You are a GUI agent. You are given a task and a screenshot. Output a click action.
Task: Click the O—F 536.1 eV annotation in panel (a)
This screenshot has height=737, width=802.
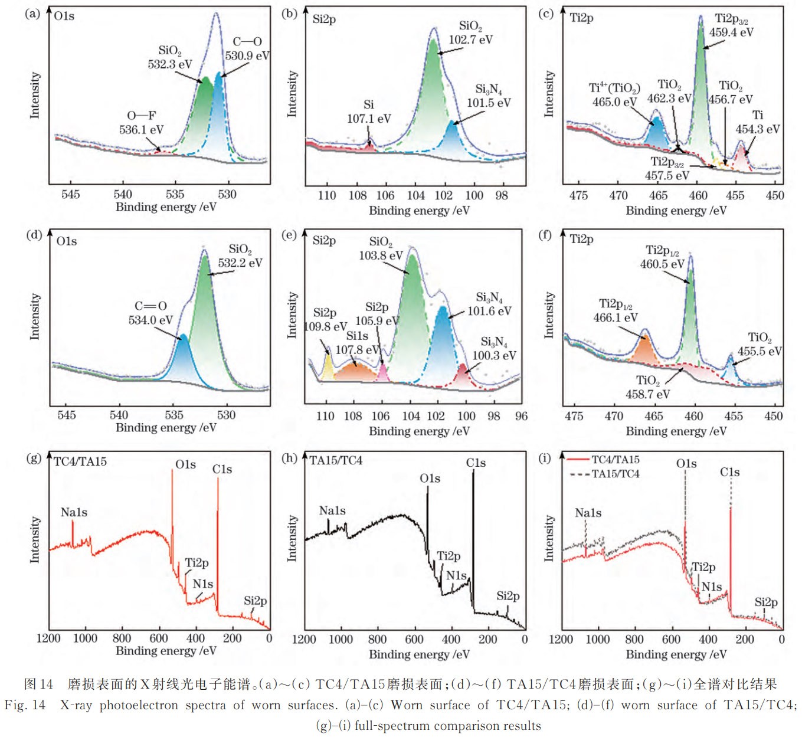141,123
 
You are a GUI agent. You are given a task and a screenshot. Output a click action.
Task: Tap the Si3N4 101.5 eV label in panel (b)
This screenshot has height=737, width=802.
489,96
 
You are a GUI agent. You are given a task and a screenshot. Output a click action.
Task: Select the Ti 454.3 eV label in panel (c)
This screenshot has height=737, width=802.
758,122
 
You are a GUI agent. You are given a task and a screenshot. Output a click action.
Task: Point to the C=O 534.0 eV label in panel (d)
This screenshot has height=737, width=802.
150,313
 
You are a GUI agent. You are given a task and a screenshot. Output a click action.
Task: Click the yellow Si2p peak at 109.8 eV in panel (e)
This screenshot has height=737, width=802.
328,366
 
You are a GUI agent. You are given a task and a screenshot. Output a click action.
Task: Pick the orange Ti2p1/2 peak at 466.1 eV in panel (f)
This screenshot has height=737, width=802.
644,349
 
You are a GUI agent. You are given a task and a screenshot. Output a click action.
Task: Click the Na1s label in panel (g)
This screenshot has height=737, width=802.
74,512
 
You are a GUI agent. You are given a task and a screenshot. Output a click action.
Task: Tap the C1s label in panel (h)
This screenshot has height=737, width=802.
476,463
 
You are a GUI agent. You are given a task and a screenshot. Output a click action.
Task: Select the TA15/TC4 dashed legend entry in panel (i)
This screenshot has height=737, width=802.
604,474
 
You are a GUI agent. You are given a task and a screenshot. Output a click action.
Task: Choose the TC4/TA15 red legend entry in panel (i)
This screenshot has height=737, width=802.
603,460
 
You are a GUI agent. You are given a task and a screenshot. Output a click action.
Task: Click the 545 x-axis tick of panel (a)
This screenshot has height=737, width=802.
70,195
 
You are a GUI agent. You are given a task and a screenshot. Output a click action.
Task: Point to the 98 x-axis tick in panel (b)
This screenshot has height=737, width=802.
502,195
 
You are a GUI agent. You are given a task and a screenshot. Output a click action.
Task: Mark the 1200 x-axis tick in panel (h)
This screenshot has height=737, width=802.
305,639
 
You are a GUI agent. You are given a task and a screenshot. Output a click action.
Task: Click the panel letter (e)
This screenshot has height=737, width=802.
289,235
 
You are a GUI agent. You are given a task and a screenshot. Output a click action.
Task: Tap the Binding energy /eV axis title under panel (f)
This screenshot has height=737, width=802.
676,431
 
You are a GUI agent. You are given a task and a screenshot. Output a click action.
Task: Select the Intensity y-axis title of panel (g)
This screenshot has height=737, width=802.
35,539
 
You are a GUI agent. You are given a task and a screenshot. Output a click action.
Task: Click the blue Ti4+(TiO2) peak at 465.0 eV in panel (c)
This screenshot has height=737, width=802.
656,129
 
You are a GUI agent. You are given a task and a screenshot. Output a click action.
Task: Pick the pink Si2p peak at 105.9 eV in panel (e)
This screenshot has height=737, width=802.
382,371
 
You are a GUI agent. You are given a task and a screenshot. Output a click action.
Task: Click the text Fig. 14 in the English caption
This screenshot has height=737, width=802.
25,705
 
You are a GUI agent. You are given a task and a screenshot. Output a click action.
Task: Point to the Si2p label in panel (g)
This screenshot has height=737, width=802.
255,601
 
